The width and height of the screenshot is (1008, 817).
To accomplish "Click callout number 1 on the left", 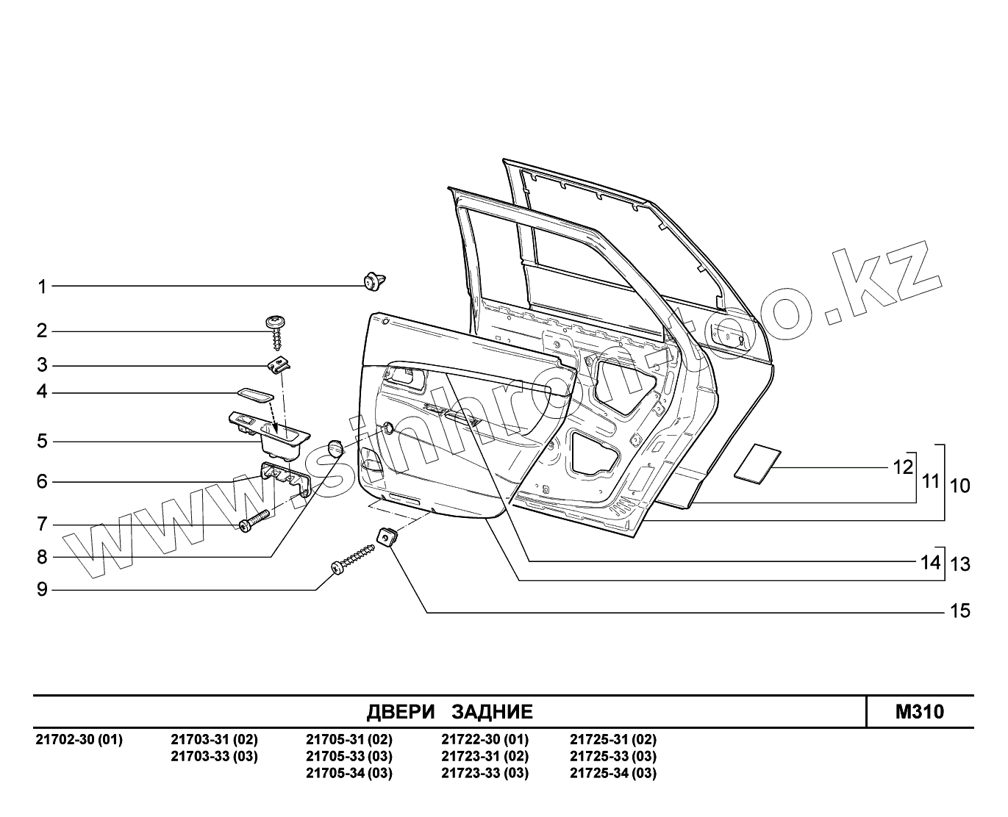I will pos(43,287).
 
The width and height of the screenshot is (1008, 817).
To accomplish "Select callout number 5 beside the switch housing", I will pos(43,442).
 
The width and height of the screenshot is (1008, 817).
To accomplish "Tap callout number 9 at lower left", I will pos(43,589).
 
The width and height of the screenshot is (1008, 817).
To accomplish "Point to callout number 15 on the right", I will pos(960,611).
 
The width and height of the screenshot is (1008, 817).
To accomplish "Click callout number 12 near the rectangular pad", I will pos(903,467).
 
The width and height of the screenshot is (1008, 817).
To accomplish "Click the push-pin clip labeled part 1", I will pos(376,281).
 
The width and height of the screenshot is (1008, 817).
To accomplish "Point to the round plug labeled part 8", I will pos(335,447).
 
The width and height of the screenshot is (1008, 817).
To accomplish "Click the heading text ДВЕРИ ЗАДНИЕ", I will pos(449,711).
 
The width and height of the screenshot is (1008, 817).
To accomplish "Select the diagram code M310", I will pos(919,711).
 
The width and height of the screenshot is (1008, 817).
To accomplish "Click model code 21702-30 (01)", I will pos(79,739).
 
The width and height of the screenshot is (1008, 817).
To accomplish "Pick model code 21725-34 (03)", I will pos(613,773).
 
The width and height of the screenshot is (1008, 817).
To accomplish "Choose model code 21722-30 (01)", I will pos(485,739).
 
